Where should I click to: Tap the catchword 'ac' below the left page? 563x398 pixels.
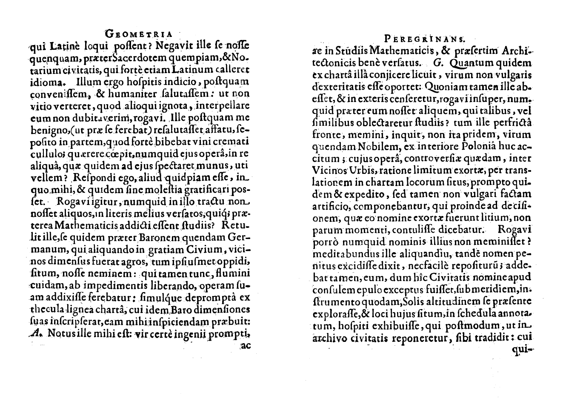tap(246, 346)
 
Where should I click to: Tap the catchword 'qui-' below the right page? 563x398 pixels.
tap(524, 351)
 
